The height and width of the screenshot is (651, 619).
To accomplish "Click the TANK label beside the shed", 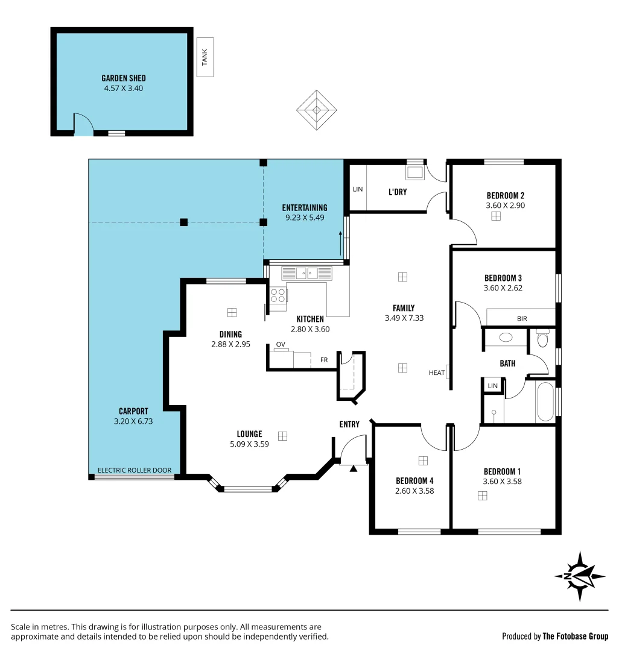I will pos(205,57).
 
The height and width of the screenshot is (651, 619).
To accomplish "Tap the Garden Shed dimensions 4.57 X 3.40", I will pos(123,88).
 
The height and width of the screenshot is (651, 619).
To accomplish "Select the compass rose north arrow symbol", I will pos(579,576).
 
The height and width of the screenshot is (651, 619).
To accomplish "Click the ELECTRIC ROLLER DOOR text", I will pos(135,470).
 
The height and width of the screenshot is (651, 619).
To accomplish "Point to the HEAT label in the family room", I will pos(436,373).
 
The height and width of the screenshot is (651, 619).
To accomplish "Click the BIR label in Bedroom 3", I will pos(521,318).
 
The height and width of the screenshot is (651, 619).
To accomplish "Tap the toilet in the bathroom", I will pos(542,340).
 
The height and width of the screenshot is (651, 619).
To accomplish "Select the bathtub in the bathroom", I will pos(545,403).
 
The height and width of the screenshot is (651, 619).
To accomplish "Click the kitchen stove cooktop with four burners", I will pos(278,295).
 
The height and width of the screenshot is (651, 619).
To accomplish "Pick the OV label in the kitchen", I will pos(280,344).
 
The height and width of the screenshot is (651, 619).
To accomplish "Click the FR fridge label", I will pos(323,360).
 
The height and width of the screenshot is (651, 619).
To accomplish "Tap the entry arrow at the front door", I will pos(354,468).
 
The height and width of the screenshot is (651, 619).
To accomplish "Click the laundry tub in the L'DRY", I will pos(414,173).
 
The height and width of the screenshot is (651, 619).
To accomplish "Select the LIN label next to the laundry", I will pos(357,189).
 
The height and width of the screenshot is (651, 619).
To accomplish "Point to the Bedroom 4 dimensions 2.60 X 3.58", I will pos(414,491).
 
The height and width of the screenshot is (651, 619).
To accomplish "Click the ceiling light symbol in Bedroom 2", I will pos(495,216).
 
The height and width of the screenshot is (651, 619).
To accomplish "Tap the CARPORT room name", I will pos(133,411).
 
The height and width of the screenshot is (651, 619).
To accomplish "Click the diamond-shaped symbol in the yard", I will pos(316,110).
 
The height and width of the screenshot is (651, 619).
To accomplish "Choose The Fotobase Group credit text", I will pos(575,636).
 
